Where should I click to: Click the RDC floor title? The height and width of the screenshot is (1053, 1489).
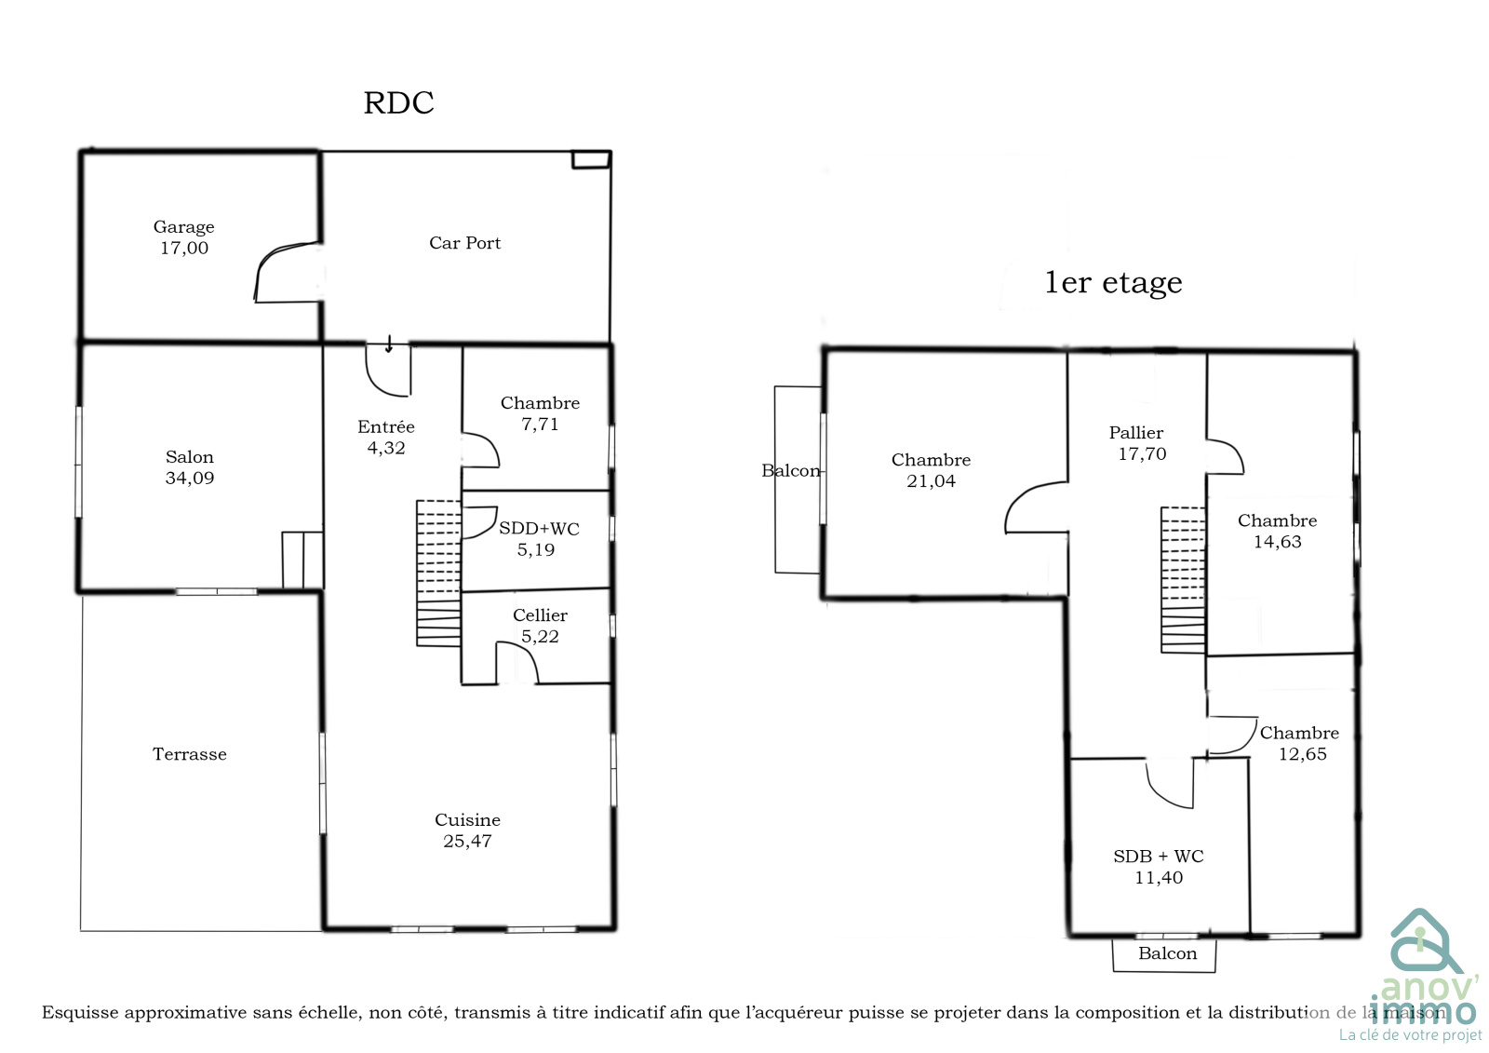coord(399,103)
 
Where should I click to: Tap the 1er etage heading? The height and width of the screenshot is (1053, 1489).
coord(1113,283)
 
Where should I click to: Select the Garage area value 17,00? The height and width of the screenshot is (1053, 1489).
coord(184,248)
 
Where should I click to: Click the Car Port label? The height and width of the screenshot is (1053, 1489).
coord(464,243)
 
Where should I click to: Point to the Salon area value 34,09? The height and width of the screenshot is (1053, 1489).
coord(190,479)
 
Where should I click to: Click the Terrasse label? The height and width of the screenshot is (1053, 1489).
coord(190,753)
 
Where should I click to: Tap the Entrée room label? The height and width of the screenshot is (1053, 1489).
coord(385,426)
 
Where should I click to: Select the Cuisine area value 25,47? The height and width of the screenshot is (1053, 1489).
coord(467,842)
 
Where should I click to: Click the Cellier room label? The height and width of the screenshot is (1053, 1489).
coord(540,615)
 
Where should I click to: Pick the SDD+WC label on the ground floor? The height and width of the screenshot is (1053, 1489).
coord(539,529)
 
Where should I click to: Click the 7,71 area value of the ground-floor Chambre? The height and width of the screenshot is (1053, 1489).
coord(540,425)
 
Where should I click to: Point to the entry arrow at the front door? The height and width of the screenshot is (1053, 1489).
coord(389,344)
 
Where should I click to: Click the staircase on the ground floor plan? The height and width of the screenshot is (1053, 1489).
coord(438,574)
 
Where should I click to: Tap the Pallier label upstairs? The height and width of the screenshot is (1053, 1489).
coord(1136,433)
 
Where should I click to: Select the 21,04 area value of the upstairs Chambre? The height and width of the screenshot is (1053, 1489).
coord(931,481)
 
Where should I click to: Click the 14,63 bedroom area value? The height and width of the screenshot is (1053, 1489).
coord(1277,542)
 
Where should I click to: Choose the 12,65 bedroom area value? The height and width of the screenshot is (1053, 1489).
coord(1302,754)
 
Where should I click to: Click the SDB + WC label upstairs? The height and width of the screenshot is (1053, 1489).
coord(1159,857)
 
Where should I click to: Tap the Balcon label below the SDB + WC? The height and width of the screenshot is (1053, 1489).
coord(1167,953)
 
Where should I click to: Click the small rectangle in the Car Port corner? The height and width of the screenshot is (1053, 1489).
coord(591,159)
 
